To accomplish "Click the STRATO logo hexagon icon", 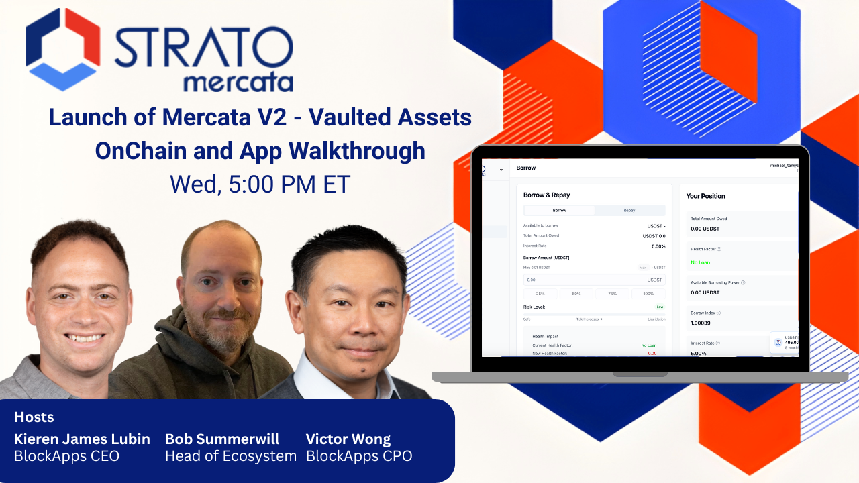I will pos(63,50).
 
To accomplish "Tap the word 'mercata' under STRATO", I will pos(238,83).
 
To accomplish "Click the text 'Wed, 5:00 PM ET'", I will pos(260,183).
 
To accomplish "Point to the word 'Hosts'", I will pos(34,417).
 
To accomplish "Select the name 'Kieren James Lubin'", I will pos(82,439).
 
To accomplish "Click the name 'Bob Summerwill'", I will pos(222,439).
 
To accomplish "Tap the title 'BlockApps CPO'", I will pos(359,456).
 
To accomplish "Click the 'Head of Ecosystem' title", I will pos(231,456).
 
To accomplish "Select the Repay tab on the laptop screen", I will pos(629,210).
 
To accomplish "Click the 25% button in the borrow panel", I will pos(540,294).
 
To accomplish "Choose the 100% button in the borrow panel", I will pos(648,294).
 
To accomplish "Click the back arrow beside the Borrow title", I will pos(501,169).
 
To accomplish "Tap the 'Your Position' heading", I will pos(705,196).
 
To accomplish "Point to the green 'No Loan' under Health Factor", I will pos(701,262).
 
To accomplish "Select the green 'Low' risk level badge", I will pos(659,307).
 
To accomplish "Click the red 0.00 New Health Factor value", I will pos(652,353).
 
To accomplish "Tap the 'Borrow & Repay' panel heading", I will pos(546,195).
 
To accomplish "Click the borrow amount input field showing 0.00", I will pos(593,280).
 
